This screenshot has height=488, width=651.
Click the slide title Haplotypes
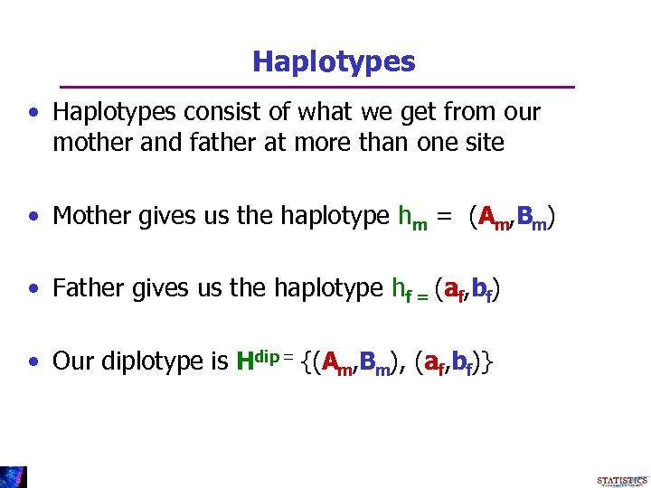[334, 61]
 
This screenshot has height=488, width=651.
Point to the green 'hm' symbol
[412, 218]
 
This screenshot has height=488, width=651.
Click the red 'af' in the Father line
[454, 290]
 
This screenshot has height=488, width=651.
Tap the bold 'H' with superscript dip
[244, 361]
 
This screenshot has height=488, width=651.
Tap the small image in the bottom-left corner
[14, 476]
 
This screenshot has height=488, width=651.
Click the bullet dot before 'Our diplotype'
[33, 362]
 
